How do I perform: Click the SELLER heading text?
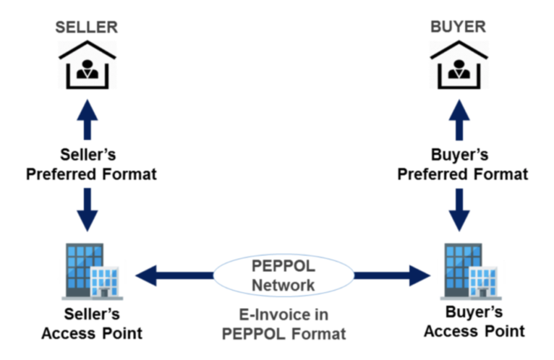(x=87, y=27)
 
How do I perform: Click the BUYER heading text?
(x=458, y=27)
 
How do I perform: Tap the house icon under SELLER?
(x=87, y=65)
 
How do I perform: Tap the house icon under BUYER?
(x=458, y=65)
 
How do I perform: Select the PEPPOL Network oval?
(x=283, y=276)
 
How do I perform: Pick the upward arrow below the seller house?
(x=87, y=120)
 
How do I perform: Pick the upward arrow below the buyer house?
(x=459, y=120)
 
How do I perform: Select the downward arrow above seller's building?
(x=87, y=209)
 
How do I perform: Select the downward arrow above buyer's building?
(x=459, y=209)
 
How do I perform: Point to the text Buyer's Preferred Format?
(x=463, y=165)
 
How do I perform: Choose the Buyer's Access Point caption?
(x=474, y=322)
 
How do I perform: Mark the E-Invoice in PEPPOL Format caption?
(x=283, y=324)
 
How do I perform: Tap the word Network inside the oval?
(x=283, y=285)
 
